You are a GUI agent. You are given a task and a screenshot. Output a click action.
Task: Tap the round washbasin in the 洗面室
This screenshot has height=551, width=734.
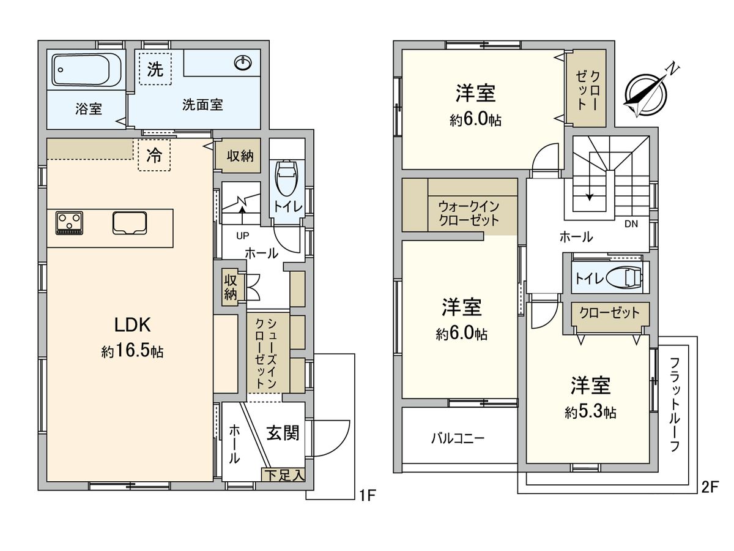tap(243, 63)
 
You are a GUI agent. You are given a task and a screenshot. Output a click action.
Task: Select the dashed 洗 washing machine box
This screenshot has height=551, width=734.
tap(155, 69)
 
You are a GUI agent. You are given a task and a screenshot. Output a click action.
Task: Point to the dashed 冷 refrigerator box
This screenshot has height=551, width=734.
tap(154, 156)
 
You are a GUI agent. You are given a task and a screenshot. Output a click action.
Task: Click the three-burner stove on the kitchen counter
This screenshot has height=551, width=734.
tap(70, 223)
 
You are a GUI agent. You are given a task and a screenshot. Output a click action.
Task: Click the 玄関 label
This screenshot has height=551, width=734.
tap(283, 433)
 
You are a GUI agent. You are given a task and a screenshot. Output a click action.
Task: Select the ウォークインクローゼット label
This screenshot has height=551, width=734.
tap(468, 214)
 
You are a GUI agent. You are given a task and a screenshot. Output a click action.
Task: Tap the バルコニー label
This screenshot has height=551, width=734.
tap(458, 438)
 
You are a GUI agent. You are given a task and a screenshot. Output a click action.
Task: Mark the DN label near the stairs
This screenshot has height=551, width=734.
tap(631, 224)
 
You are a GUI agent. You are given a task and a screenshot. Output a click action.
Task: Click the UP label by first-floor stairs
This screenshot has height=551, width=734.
tap(243, 235)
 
